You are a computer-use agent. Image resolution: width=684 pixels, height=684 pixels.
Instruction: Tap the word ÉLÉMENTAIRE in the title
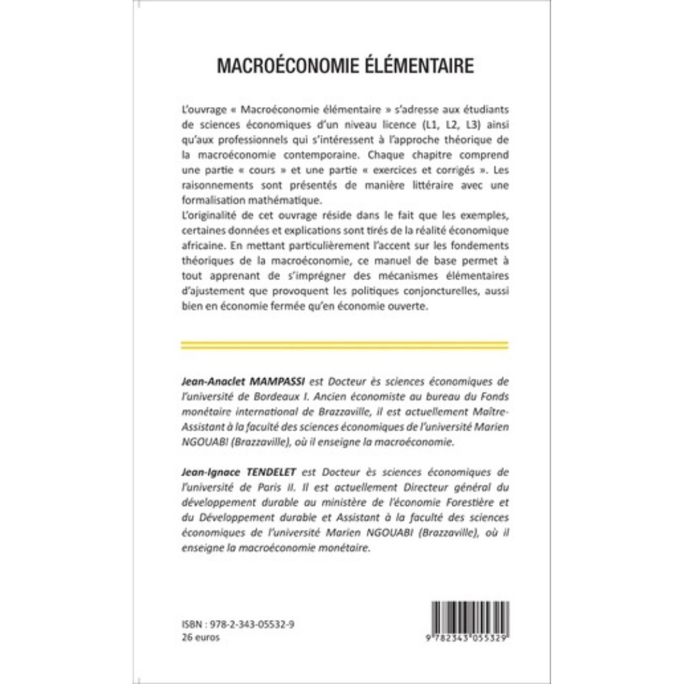point(417,66)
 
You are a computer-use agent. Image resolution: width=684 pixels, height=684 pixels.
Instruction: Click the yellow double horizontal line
point(345,345)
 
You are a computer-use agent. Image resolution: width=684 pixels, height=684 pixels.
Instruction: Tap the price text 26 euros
point(200,638)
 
